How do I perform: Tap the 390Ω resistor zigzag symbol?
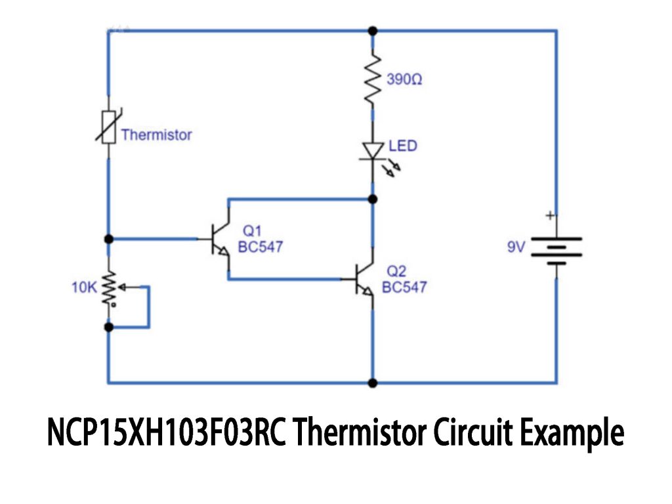[x=373, y=79]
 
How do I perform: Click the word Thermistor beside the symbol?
[x=156, y=135]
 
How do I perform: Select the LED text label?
[x=403, y=145]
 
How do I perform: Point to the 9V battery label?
[x=516, y=248]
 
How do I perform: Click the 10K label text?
[x=84, y=287]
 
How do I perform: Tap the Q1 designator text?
[x=253, y=231]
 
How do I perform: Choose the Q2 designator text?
[x=396, y=271]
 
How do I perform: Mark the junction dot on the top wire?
[x=373, y=30]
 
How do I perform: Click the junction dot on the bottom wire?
[x=373, y=383]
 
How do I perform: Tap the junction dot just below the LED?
[x=373, y=198]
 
